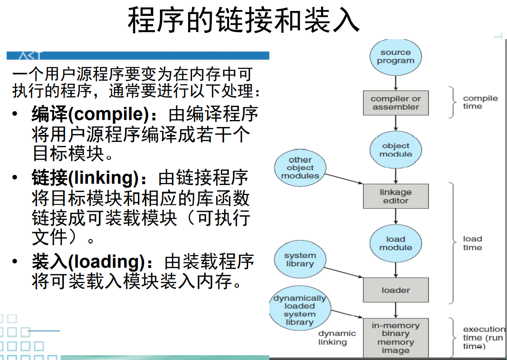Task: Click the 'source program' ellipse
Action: (395, 57)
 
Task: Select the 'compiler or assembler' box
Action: (395, 103)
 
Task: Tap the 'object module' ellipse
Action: (395, 150)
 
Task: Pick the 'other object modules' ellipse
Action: (301, 168)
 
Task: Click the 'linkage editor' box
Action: (395, 196)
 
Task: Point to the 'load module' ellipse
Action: (395, 244)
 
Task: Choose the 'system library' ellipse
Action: (300, 260)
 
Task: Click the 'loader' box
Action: (395, 290)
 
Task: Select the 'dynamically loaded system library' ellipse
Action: (300, 310)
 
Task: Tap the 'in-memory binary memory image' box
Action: (395, 338)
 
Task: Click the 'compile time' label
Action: (480, 102)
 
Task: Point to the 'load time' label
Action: (472, 243)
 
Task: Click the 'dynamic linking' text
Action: (337, 338)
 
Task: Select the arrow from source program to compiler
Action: (395, 83)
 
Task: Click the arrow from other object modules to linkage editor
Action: (344, 178)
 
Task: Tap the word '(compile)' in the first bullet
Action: (109, 114)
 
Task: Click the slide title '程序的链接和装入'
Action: (243, 21)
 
